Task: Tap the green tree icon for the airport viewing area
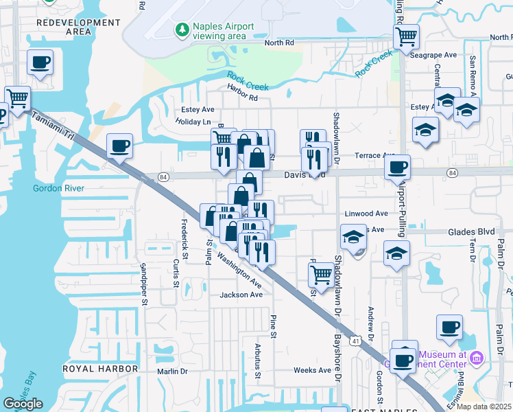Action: pos(182,29)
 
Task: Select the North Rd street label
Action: pos(279,43)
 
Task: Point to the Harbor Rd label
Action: pos(243,98)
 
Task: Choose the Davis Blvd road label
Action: pos(304,175)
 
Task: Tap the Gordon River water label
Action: pos(51,188)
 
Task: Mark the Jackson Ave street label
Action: pos(241,295)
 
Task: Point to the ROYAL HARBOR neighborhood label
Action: pos(100,369)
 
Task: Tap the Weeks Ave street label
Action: pos(312,370)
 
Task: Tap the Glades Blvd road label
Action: pos(473,231)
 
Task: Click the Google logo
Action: pos(23,404)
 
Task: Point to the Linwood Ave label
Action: pos(366,214)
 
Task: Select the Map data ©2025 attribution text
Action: pos(484,407)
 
